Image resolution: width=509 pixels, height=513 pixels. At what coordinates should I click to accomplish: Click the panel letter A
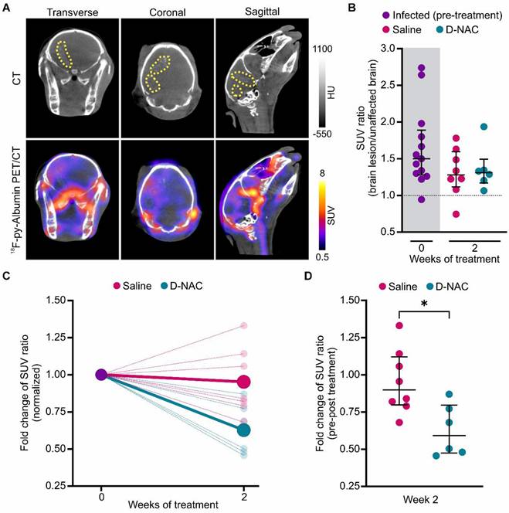[8, 8]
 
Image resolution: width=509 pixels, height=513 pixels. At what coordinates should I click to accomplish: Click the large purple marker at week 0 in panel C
[101, 375]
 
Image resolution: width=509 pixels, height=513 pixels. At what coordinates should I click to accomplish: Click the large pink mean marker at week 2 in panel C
[244, 382]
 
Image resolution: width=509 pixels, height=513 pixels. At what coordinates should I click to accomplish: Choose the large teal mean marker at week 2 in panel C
[244, 430]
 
